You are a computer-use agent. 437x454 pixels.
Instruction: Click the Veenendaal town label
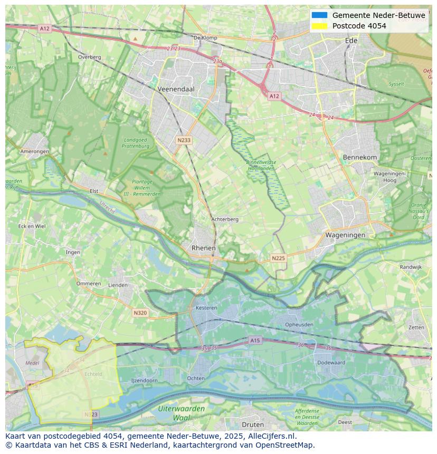tap(176, 89)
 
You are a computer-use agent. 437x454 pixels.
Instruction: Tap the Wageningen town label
tap(345, 235)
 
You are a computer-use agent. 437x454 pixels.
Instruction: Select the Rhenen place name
tap(204, 248)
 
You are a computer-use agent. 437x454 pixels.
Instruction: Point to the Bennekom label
tap(360, 157)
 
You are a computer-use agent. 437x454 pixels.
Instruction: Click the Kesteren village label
tap(206, 307)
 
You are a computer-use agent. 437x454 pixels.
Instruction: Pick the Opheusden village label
tap(299, 324)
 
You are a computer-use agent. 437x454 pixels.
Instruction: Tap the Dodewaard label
tap(331, 362)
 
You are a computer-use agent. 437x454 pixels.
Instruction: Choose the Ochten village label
tap(196, 378)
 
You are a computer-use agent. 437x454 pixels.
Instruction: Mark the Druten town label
tap(252, 424)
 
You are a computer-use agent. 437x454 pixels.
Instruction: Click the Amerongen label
tap(35, 151)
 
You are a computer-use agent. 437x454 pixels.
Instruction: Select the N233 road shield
tap(184, 140)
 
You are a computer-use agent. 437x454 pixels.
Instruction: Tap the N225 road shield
tap(278, 258)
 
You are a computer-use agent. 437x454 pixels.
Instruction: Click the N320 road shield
tap(140, 313)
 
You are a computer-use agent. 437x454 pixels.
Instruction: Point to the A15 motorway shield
tap(255, 341)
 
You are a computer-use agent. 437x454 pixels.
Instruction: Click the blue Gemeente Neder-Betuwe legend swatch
tap(319, 15)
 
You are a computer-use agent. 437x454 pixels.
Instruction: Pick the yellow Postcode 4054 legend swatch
tap(319, 26)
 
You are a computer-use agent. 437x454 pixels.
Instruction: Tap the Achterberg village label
tap(225, 219)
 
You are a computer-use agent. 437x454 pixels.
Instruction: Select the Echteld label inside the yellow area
tap(93, 374)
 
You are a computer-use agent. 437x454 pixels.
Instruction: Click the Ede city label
tap(351, 40)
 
